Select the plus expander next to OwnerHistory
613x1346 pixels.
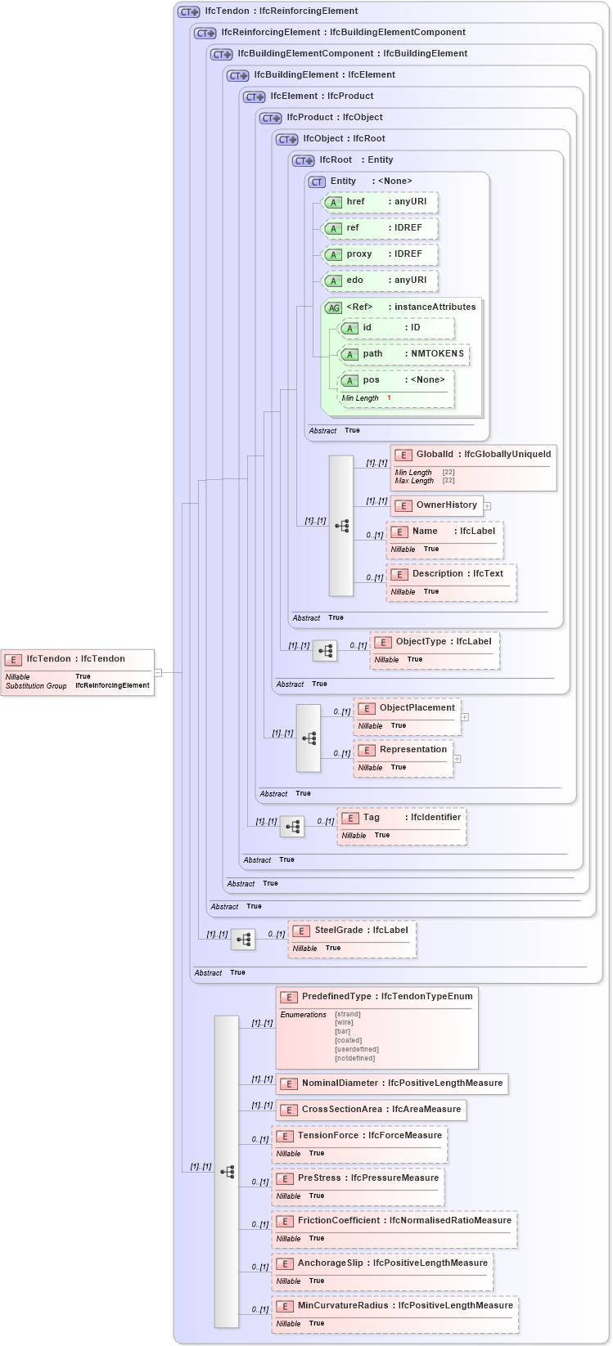tap(487, 506)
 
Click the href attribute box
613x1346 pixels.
tap(380, 202)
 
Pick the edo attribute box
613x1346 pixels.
tap(380, 280)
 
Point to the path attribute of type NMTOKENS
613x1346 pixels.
tap(404, 354)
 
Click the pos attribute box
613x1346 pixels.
tap(396, 380)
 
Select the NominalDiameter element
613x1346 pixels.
tap(392, 1084)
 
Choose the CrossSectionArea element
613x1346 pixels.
tap(372, 1110)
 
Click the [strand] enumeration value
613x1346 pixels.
tap(348, 1014)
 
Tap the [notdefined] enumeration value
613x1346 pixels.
tap(354, 1058)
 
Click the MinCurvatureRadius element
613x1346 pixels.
tap(395, 1306)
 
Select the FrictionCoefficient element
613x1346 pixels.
tap(394, 1221)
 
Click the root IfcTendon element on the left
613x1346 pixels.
tap(77, 659)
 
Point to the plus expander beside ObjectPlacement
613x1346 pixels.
tap(465, 717)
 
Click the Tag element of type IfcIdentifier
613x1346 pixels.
tap(401, 818)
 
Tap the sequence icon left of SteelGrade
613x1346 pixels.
tap(243, 940)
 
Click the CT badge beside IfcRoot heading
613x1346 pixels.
tap(304, 160)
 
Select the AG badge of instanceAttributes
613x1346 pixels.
tap(333, 307)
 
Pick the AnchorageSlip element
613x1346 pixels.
tap(382, 1263)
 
